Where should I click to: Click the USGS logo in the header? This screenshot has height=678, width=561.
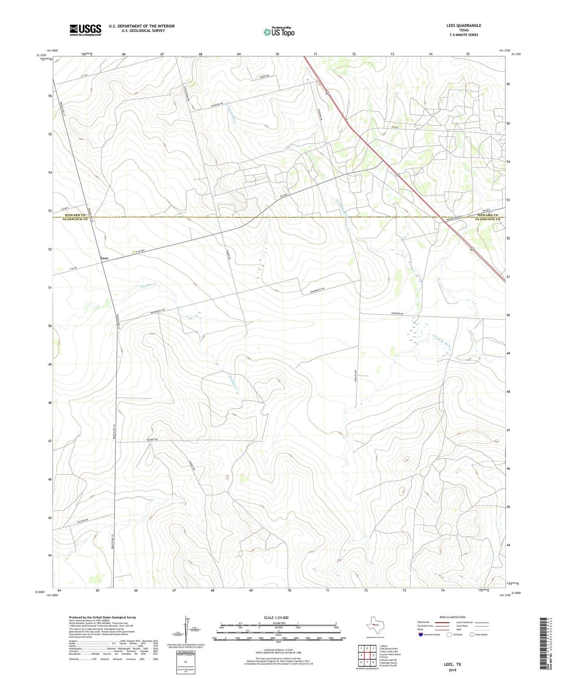[x=85, y=30]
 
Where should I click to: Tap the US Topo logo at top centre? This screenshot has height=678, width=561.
[x=279, y=32]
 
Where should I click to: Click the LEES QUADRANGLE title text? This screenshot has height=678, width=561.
[x=464, y=26]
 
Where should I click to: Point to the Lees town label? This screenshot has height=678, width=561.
[x=104, y=258]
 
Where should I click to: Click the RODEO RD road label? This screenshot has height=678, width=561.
[x=264, y=76]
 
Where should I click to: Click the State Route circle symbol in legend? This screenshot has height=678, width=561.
[x=472, y=635]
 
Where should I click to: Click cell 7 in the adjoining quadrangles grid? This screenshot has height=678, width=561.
[x=367, y=662]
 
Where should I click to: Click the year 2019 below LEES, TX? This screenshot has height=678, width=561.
[x=452, y=670]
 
